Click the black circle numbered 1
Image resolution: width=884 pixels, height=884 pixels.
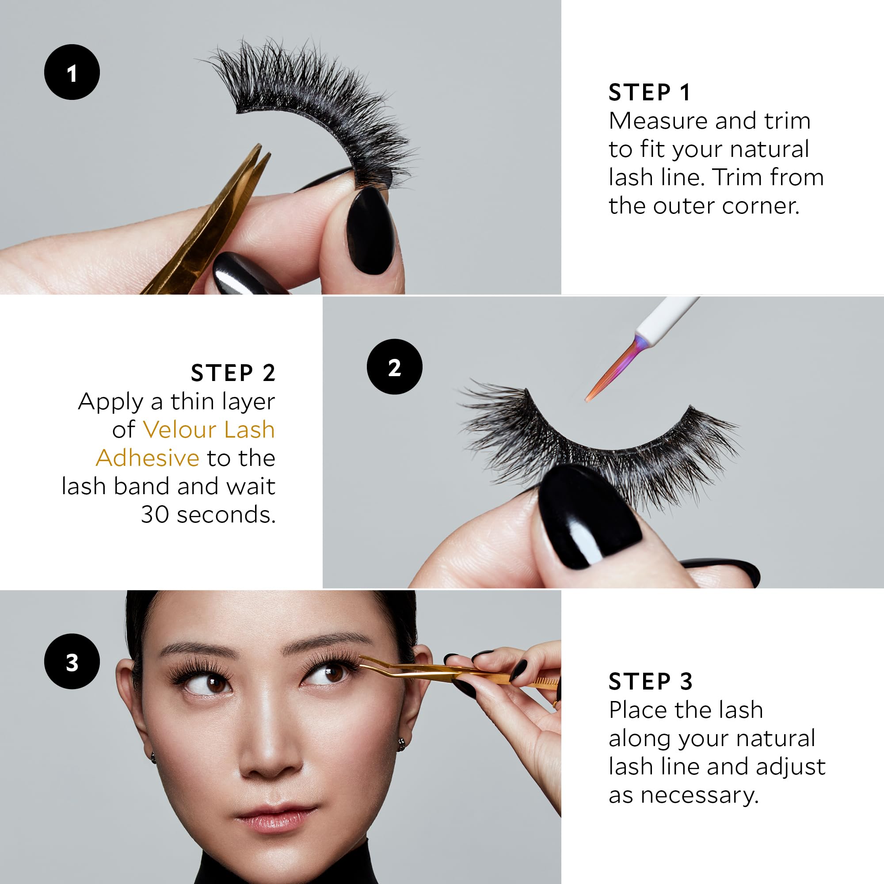(x=72, y=72)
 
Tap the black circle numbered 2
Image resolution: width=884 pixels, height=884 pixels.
(x=394, y=367)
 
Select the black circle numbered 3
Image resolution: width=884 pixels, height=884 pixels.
(x=72, y=662)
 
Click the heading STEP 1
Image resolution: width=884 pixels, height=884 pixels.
(x=649, y=93)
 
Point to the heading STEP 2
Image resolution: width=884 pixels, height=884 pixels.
(x=233, y=373)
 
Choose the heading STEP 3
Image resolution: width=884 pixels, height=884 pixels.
(x=650, y=682)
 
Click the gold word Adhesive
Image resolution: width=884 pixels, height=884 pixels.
(x=147, y=458)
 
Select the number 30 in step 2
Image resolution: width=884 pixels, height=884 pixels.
(x=155, y=515)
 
